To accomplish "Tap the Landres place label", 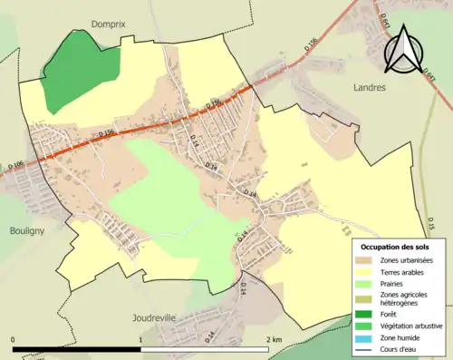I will tap(367, 88).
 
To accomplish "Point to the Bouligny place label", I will tap(20, 230).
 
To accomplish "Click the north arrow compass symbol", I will tap(401, 50).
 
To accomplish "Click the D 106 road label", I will tap(15, 166).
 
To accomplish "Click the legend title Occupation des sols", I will tap(397, 247).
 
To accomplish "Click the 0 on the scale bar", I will tap(13, 339).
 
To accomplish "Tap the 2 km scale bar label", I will tap(273, 339).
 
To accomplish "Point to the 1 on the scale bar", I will tap(140, 339).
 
